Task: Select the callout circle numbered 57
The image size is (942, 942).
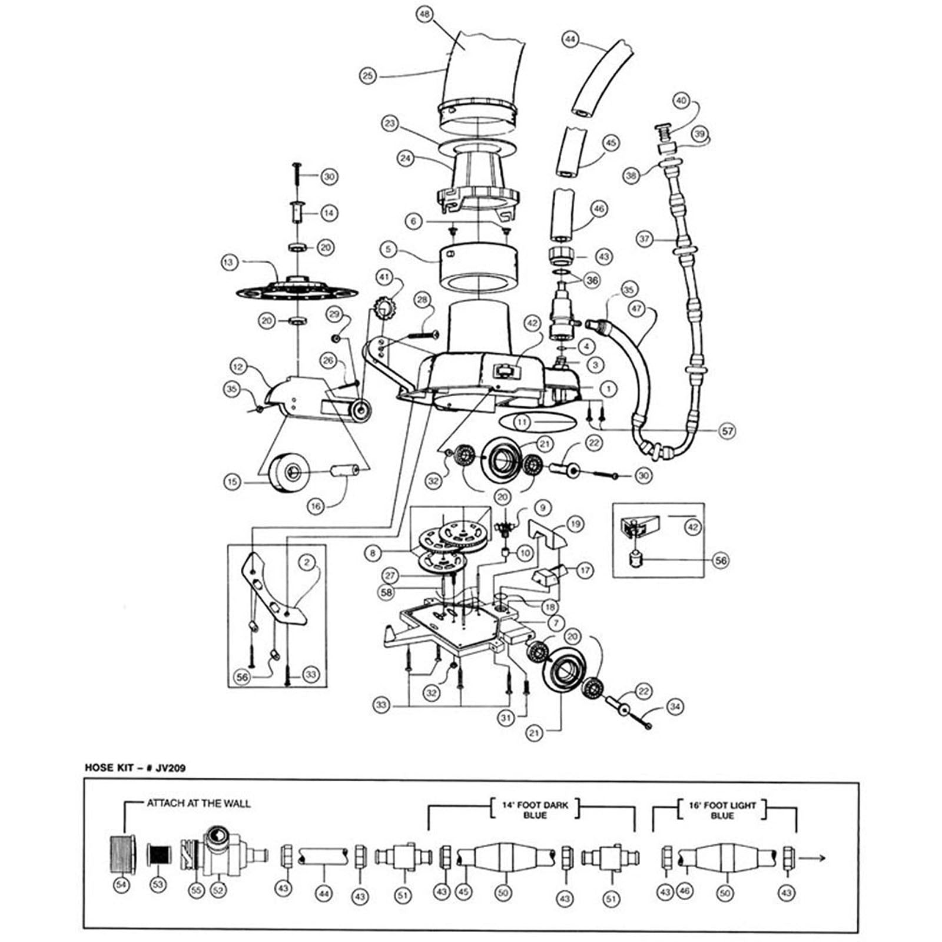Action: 728,431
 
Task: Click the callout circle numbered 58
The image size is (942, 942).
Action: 387,593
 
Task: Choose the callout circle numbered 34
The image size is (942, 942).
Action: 675,705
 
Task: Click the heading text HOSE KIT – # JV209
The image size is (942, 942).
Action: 136,768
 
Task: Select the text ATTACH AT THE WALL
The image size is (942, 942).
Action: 198,804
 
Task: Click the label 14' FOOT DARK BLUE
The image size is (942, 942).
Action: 534,810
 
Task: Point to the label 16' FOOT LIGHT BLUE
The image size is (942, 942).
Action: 722,810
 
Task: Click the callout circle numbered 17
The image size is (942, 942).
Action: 585,570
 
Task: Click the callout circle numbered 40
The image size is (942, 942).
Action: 681,101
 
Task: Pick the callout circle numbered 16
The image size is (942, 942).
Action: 317,506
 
